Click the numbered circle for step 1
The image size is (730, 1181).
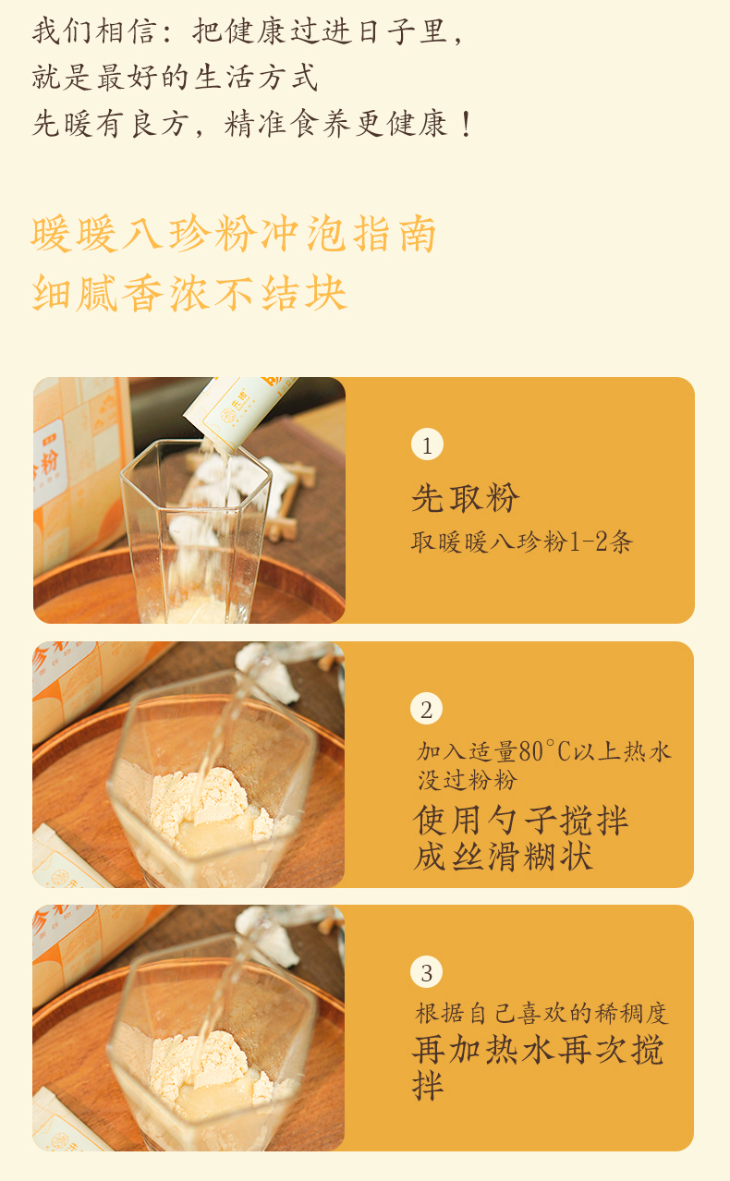click(427, 444)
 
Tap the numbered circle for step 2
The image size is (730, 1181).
click(426, 709)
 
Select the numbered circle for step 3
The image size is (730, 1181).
click(426, 972)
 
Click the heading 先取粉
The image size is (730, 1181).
click(466, 497)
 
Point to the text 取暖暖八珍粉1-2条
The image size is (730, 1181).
click(522, 542)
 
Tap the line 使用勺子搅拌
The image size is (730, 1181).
click(521, 821)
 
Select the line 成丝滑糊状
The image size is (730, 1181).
click(504, 856)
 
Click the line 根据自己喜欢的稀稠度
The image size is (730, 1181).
click(541, 1014)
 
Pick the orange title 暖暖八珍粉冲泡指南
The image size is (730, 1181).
click(234, 234)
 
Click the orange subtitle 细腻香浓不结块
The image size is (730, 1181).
click(189, 293)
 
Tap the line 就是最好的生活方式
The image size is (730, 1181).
click(175, 77)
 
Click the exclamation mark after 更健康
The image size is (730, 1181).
click(466, 124)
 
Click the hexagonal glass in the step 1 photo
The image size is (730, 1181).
click(196, 531)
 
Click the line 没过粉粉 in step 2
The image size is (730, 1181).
click(468, 780)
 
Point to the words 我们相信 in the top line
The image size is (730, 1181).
click(93, 31)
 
